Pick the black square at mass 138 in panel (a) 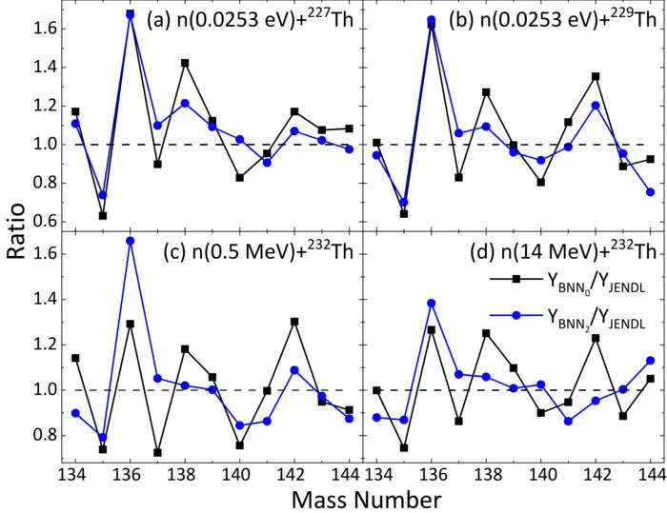185,63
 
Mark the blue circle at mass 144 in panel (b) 650,192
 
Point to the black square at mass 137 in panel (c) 157,452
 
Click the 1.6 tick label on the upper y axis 43,29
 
